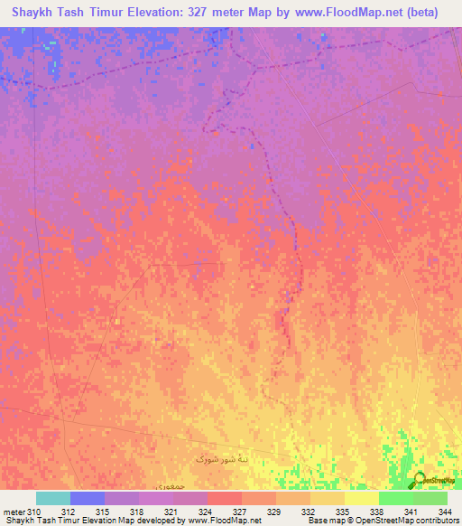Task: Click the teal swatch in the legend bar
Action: click(53, 498)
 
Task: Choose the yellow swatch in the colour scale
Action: click(362, 498)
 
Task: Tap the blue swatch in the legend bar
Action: click(88, 498)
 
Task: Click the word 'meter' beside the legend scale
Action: click(13, 512)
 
